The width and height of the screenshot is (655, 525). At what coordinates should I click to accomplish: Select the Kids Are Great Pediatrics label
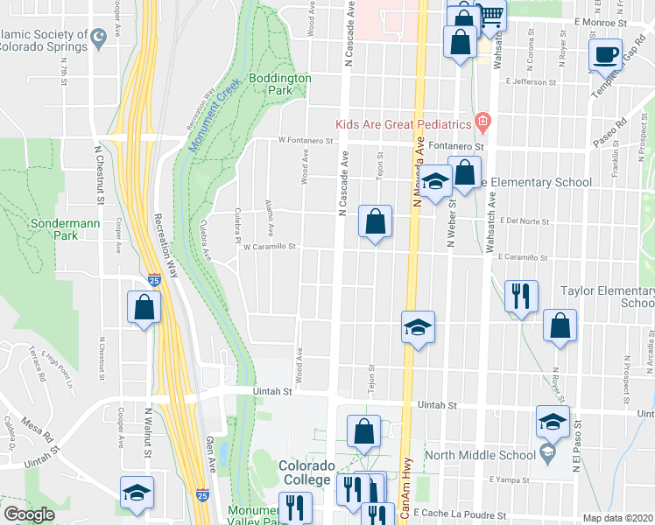(405, 123)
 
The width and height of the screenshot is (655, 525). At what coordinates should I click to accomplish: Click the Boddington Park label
(279, 84)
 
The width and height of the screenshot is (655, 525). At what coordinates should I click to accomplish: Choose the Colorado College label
(305, 472)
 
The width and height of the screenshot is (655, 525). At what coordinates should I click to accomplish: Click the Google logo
(29, 514)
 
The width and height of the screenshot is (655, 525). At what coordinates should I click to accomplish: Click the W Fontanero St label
(306, 140)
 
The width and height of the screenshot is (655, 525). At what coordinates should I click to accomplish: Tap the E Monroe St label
(602, 21)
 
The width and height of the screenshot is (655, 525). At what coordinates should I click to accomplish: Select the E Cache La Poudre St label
(461, 513)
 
